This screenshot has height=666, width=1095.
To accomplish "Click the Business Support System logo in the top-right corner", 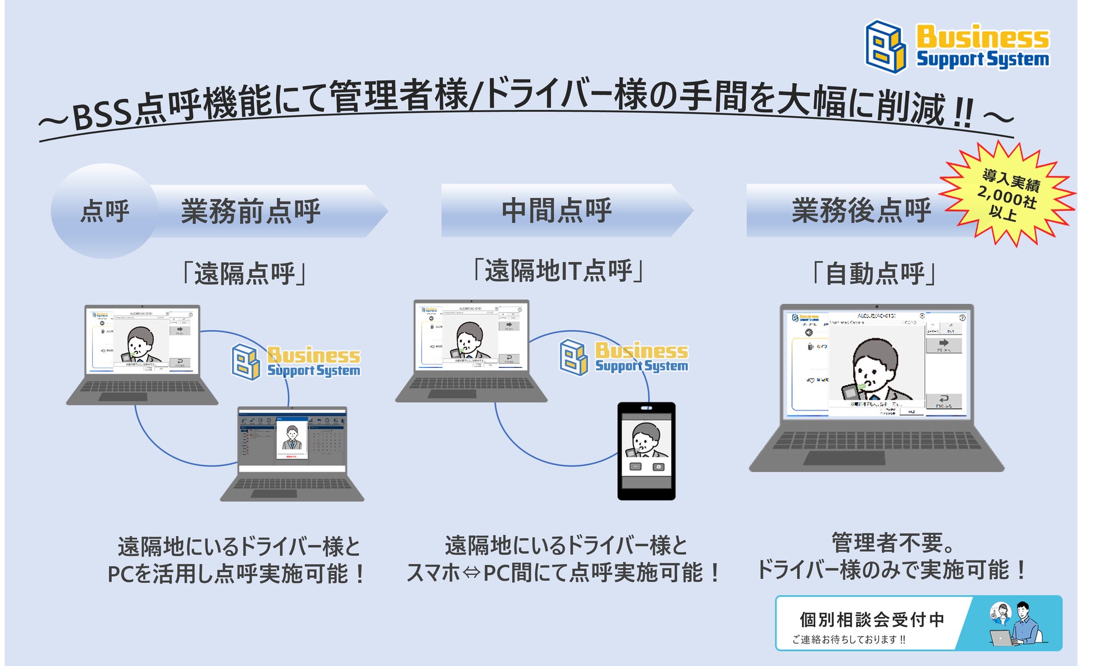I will click(x=956, y=47).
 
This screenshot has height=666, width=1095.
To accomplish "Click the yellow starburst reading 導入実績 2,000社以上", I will click(x=1009, y=194).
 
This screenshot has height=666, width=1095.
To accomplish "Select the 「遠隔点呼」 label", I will click(x=244, y=274).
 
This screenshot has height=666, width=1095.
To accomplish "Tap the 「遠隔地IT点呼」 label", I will click(x=558, y=271).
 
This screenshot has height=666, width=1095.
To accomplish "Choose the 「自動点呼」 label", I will click(x=875, y=274).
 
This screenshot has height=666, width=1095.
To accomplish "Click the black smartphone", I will click(x=646, y=451).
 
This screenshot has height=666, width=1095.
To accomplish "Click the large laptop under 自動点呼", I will click(x=877, y=387).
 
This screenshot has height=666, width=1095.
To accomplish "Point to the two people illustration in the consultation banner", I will click(x=1015, y=623).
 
